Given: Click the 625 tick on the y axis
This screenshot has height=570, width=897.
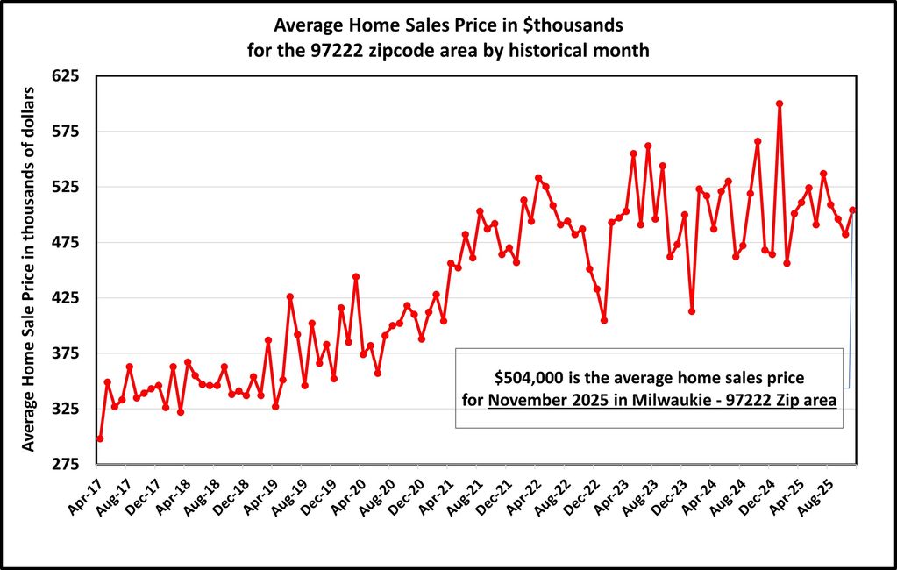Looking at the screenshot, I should (68, 76).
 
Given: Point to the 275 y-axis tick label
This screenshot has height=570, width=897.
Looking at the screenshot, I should (68, 464).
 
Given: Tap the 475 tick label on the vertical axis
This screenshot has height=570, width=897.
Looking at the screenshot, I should (68, 242).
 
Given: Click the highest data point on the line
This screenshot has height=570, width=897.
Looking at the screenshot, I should (779, 103).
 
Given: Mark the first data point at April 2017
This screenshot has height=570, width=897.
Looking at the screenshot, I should (100, 438).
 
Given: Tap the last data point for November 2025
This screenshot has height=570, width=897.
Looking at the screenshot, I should (852, 210).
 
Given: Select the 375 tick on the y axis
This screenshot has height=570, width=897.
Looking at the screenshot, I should (68, 353).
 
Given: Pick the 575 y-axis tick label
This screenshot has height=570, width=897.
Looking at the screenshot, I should (68, 132).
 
